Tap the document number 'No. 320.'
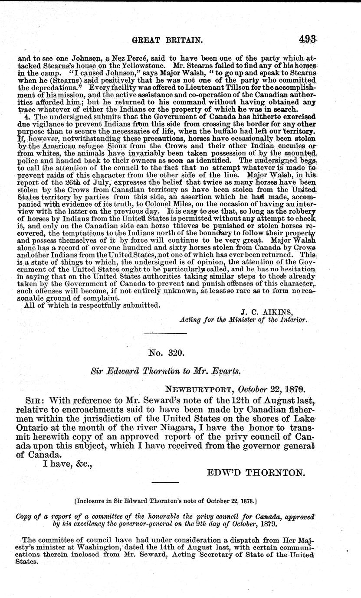coord(167,353)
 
